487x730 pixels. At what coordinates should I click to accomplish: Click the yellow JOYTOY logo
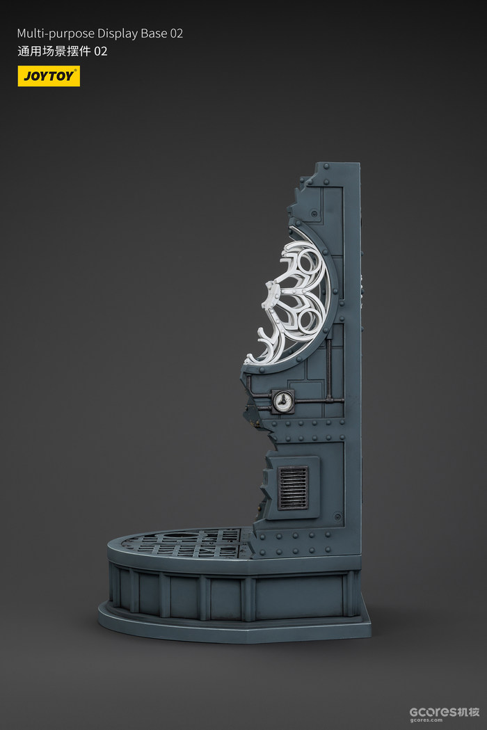[49, 76]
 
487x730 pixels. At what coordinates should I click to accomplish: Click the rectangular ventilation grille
[293, 487]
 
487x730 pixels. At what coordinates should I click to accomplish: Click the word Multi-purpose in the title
[56, 33]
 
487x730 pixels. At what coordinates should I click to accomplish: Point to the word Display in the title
[115, 33]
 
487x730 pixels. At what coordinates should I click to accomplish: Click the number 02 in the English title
[176, 33]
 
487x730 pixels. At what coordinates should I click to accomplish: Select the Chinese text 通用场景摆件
[54, 51]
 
